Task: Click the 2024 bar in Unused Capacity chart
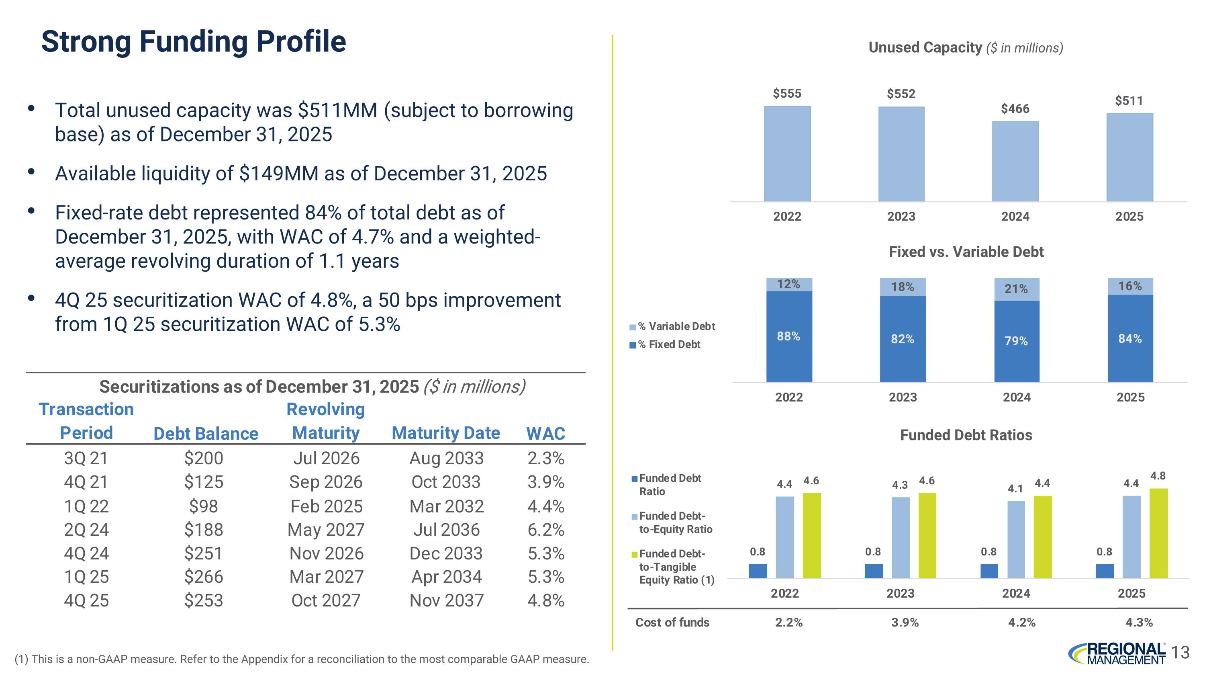(x=1015, y=162)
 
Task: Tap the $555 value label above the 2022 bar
(x=787, y=94)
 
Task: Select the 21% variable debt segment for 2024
(x=1017, y=289)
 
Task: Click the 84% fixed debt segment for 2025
(x=1130, y=338)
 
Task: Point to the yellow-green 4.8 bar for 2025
(x=1158, y=533)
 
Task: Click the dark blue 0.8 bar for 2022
(x=758, y=571)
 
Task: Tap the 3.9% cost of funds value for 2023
(x=905, y=622)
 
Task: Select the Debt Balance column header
(x=206, y=433)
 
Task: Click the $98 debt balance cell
(x=204, y=506)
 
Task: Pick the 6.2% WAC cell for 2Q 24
(x=546, y=530)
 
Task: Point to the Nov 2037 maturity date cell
(x=446, y=600)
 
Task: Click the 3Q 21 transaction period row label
(x=86, y=458)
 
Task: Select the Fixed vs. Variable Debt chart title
(x=966, y=252)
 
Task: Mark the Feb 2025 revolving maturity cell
(x=326, y=506)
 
